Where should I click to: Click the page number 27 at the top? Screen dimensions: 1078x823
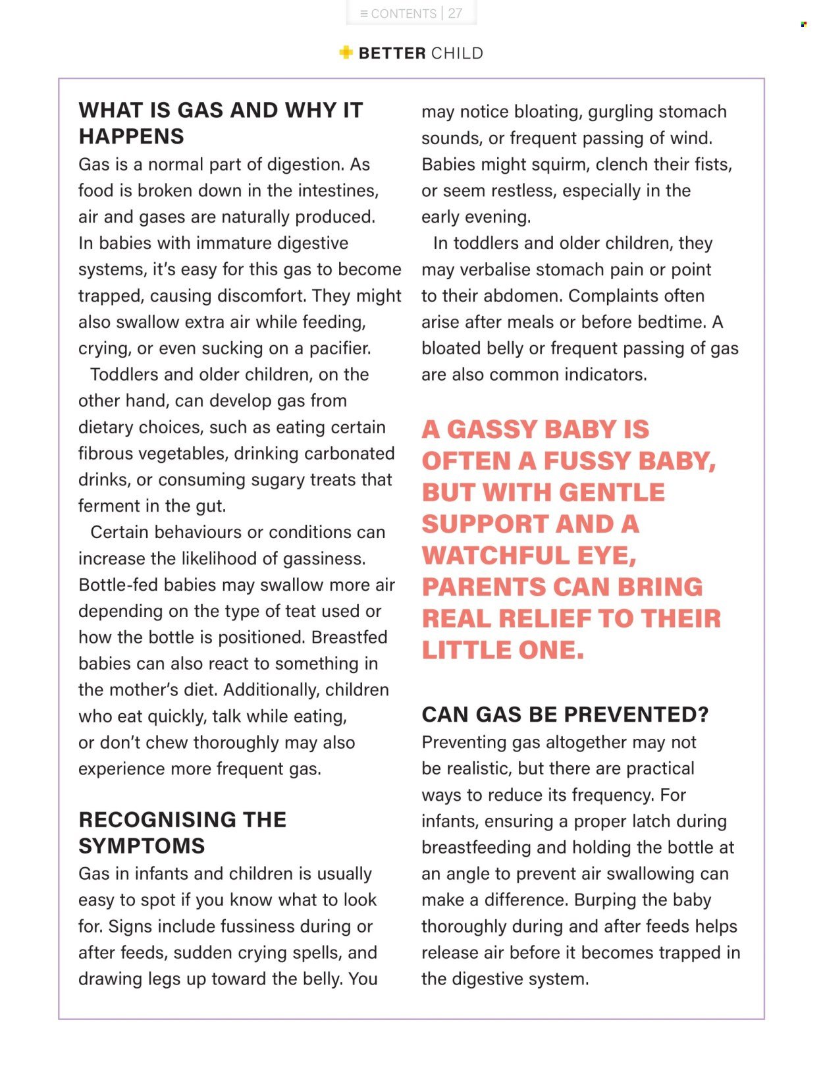455,13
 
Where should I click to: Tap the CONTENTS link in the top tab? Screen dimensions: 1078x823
403,13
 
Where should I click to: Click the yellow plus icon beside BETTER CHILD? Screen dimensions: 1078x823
346,53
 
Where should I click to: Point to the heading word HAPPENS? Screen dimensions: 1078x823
132,136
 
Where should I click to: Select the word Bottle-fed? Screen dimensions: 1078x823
118,585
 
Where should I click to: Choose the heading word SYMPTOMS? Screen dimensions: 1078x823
142,846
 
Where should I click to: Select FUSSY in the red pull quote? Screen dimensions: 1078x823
586,461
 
